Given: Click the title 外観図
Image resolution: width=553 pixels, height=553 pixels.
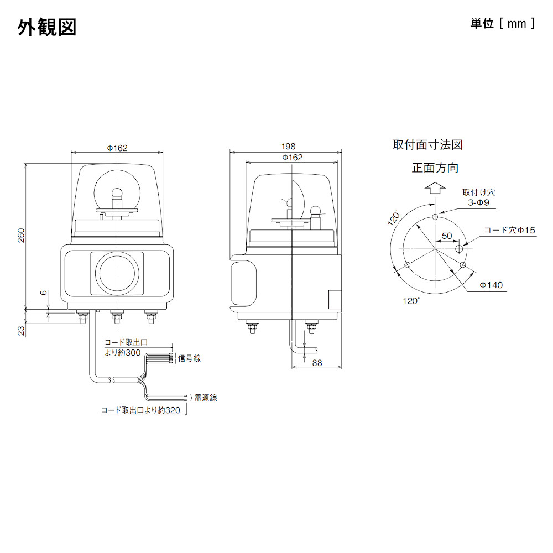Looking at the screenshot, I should [47, 27].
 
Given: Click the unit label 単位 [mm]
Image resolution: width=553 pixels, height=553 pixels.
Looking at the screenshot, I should [502, 23].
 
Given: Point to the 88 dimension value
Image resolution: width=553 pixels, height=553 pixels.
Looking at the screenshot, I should [317, 363].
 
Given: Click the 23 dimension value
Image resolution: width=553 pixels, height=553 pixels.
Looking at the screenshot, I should [21, 330].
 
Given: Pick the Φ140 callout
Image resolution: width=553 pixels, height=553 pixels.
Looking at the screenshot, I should [491, 285].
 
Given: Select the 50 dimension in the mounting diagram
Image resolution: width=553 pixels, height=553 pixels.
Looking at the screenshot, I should [447, 236].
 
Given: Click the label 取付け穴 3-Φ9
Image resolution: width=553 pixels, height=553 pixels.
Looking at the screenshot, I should [479, 197].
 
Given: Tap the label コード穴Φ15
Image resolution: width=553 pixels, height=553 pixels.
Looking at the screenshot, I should [509, 229].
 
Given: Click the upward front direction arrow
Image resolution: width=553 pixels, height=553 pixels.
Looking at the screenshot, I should [435, 189].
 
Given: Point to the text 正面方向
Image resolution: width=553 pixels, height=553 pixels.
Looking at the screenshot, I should [435, 168].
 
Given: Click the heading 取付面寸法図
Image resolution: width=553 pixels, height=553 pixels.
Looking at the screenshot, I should [427, 145].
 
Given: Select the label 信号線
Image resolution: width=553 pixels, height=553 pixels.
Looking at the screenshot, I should [190, 358].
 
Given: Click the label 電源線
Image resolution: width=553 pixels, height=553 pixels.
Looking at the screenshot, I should [205, 397].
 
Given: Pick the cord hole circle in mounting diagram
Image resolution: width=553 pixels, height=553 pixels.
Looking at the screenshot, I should [458, 250].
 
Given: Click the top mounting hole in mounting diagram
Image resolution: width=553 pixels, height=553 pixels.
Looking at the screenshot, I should [435, 217].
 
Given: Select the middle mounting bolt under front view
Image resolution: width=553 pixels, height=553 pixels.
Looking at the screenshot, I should [117, 316].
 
